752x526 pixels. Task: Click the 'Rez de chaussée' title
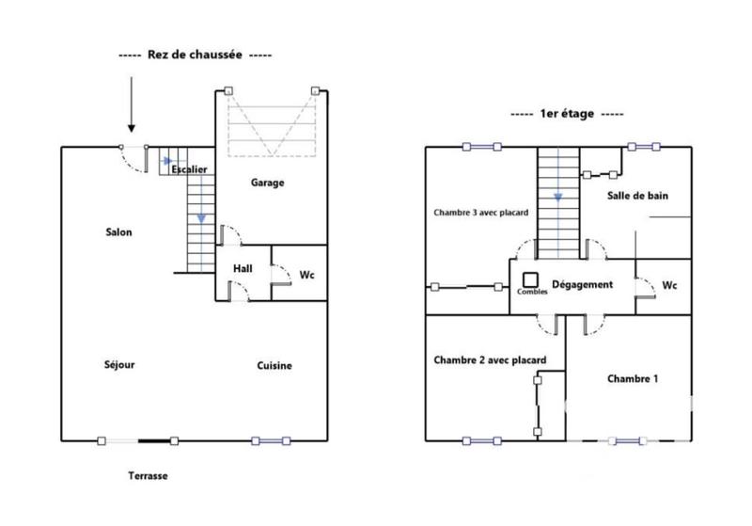196,56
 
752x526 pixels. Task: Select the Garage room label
267,183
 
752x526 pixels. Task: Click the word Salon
118,232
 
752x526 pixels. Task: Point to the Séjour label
118,365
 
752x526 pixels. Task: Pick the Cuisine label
274,366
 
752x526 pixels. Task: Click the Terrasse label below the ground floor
148,476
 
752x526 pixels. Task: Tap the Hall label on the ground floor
243,269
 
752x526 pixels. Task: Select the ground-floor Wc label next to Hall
306,275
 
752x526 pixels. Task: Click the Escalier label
189,169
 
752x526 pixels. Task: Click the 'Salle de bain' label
637,196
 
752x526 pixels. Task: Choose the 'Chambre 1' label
632,378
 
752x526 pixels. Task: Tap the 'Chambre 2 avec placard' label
489,359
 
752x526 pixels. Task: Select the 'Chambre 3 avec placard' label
480,213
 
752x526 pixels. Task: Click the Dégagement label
582,284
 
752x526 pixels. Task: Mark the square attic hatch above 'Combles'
530,279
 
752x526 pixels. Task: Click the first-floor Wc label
669,284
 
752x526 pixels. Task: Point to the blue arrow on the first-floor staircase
558,198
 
